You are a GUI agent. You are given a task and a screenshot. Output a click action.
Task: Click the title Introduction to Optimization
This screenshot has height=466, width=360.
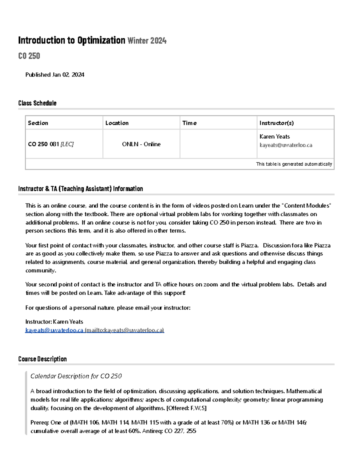(71, 40)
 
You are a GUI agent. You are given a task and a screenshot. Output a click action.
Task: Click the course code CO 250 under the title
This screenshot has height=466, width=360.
(29, 56)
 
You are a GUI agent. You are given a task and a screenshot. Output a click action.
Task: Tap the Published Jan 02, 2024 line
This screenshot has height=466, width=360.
(55, 75)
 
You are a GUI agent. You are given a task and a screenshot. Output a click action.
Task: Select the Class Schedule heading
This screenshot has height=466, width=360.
(37, 103)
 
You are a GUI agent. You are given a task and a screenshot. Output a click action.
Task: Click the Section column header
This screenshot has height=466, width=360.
(38, 123)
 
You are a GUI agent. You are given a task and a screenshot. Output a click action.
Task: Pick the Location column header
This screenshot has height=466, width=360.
(117, 123)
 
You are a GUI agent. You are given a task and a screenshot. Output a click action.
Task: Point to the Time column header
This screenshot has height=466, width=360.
(190, 123)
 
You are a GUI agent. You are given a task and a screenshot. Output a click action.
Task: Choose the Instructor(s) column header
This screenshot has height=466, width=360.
(277, 123)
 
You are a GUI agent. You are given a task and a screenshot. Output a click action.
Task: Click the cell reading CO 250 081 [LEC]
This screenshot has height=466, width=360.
(51, 144)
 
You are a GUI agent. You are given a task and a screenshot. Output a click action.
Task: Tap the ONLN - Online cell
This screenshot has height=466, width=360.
(141, 144)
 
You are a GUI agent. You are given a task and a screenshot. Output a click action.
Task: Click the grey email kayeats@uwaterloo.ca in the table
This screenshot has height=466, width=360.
(286, 145)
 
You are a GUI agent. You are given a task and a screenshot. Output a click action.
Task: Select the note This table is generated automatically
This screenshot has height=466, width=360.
(294, 164)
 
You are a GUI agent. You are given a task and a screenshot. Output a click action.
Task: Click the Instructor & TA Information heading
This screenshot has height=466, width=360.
(80, 189)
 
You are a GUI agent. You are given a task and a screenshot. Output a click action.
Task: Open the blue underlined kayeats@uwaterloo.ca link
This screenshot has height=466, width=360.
(54, 330)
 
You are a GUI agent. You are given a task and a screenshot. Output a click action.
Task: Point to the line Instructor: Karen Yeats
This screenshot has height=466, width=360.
(54, 322)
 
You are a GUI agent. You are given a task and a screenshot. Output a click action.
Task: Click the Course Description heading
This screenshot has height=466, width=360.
(42, 359)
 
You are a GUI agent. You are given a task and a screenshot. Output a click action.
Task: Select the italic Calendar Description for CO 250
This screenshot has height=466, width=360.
(76, 376)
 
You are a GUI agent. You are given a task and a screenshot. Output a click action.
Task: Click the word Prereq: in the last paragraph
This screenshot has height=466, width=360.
(40, 422)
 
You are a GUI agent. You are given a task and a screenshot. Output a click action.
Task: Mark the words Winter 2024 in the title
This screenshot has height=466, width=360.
(147, 41)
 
